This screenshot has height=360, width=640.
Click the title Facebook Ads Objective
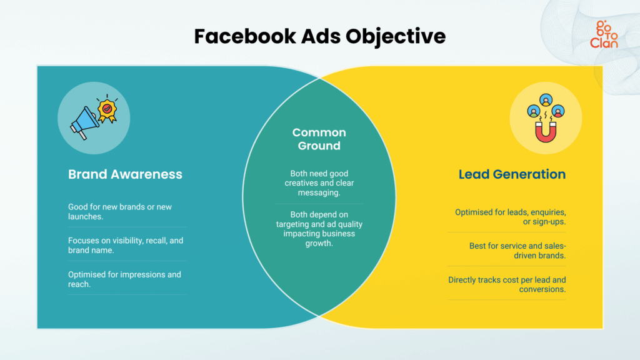pyautogui.click(x=320, y=36)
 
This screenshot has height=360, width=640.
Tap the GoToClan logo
pyautogui.click(x=603, y=34)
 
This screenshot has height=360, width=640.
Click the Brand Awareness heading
pyautogui.click(x=125, y=174)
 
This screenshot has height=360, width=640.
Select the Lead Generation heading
pyautogui.click(x=512, y=174)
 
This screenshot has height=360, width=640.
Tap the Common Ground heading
pyautogui.click(x=319, y=139)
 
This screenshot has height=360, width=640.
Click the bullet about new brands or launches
pyautogui.click(x=120, y=211)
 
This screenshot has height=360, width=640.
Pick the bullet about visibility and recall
pyautogui.click(x=125, y=245)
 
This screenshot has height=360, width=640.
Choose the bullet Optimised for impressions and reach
pyautogui.click(x=124, y=279)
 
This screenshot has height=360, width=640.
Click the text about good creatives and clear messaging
pyautogui.click(x=319, y=183)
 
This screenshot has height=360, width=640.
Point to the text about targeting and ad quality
pyautogui.click(x=319, y=229)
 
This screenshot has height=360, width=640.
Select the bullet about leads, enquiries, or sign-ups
pyautogui.click(x=510, y=217)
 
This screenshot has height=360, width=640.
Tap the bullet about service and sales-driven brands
pyautogui.click(x=517, y=251)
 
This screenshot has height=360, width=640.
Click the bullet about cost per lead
pyautogui.click(x=507, y=284)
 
